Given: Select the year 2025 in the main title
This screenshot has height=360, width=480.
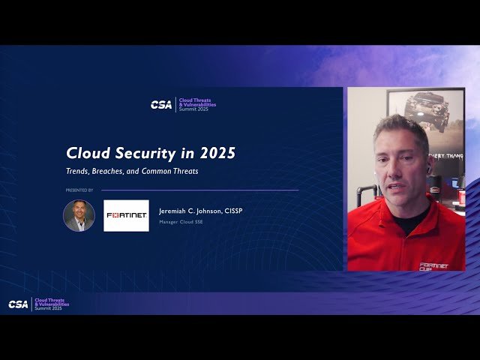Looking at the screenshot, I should coord(217,153).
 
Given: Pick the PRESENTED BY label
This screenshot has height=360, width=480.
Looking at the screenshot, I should coord(79,190).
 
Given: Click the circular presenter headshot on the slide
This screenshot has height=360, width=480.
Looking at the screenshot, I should coord(79,215).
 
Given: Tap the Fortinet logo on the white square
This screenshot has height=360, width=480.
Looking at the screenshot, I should coord(126,215).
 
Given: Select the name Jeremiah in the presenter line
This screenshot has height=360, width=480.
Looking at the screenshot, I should coord(175,211).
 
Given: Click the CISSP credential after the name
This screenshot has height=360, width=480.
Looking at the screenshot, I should coord(232,211).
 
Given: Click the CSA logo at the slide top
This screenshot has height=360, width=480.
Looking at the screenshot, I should coord(160,105).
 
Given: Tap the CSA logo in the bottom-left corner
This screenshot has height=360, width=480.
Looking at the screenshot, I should coord(18,304).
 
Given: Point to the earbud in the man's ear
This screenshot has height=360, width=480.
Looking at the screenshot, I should coord(429,170).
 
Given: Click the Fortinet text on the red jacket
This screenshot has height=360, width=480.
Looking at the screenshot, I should coord(433,265).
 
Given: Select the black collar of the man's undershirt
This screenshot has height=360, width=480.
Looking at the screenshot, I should coord(409,222).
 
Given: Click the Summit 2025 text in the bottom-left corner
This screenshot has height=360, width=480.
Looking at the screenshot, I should coord(48,308).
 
